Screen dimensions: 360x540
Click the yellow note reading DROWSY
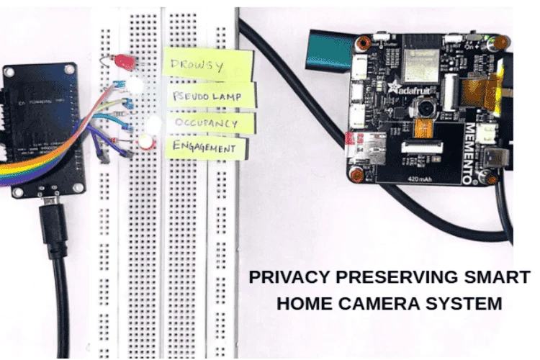click(x=207, y=64)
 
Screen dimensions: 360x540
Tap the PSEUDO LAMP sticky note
click(x=213, y=96)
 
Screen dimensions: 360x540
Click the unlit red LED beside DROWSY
click(x=127, y=63)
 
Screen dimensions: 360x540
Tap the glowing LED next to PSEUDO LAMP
click(x=138, y=87)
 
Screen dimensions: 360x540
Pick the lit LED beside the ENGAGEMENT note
click(x=147, y=142)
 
